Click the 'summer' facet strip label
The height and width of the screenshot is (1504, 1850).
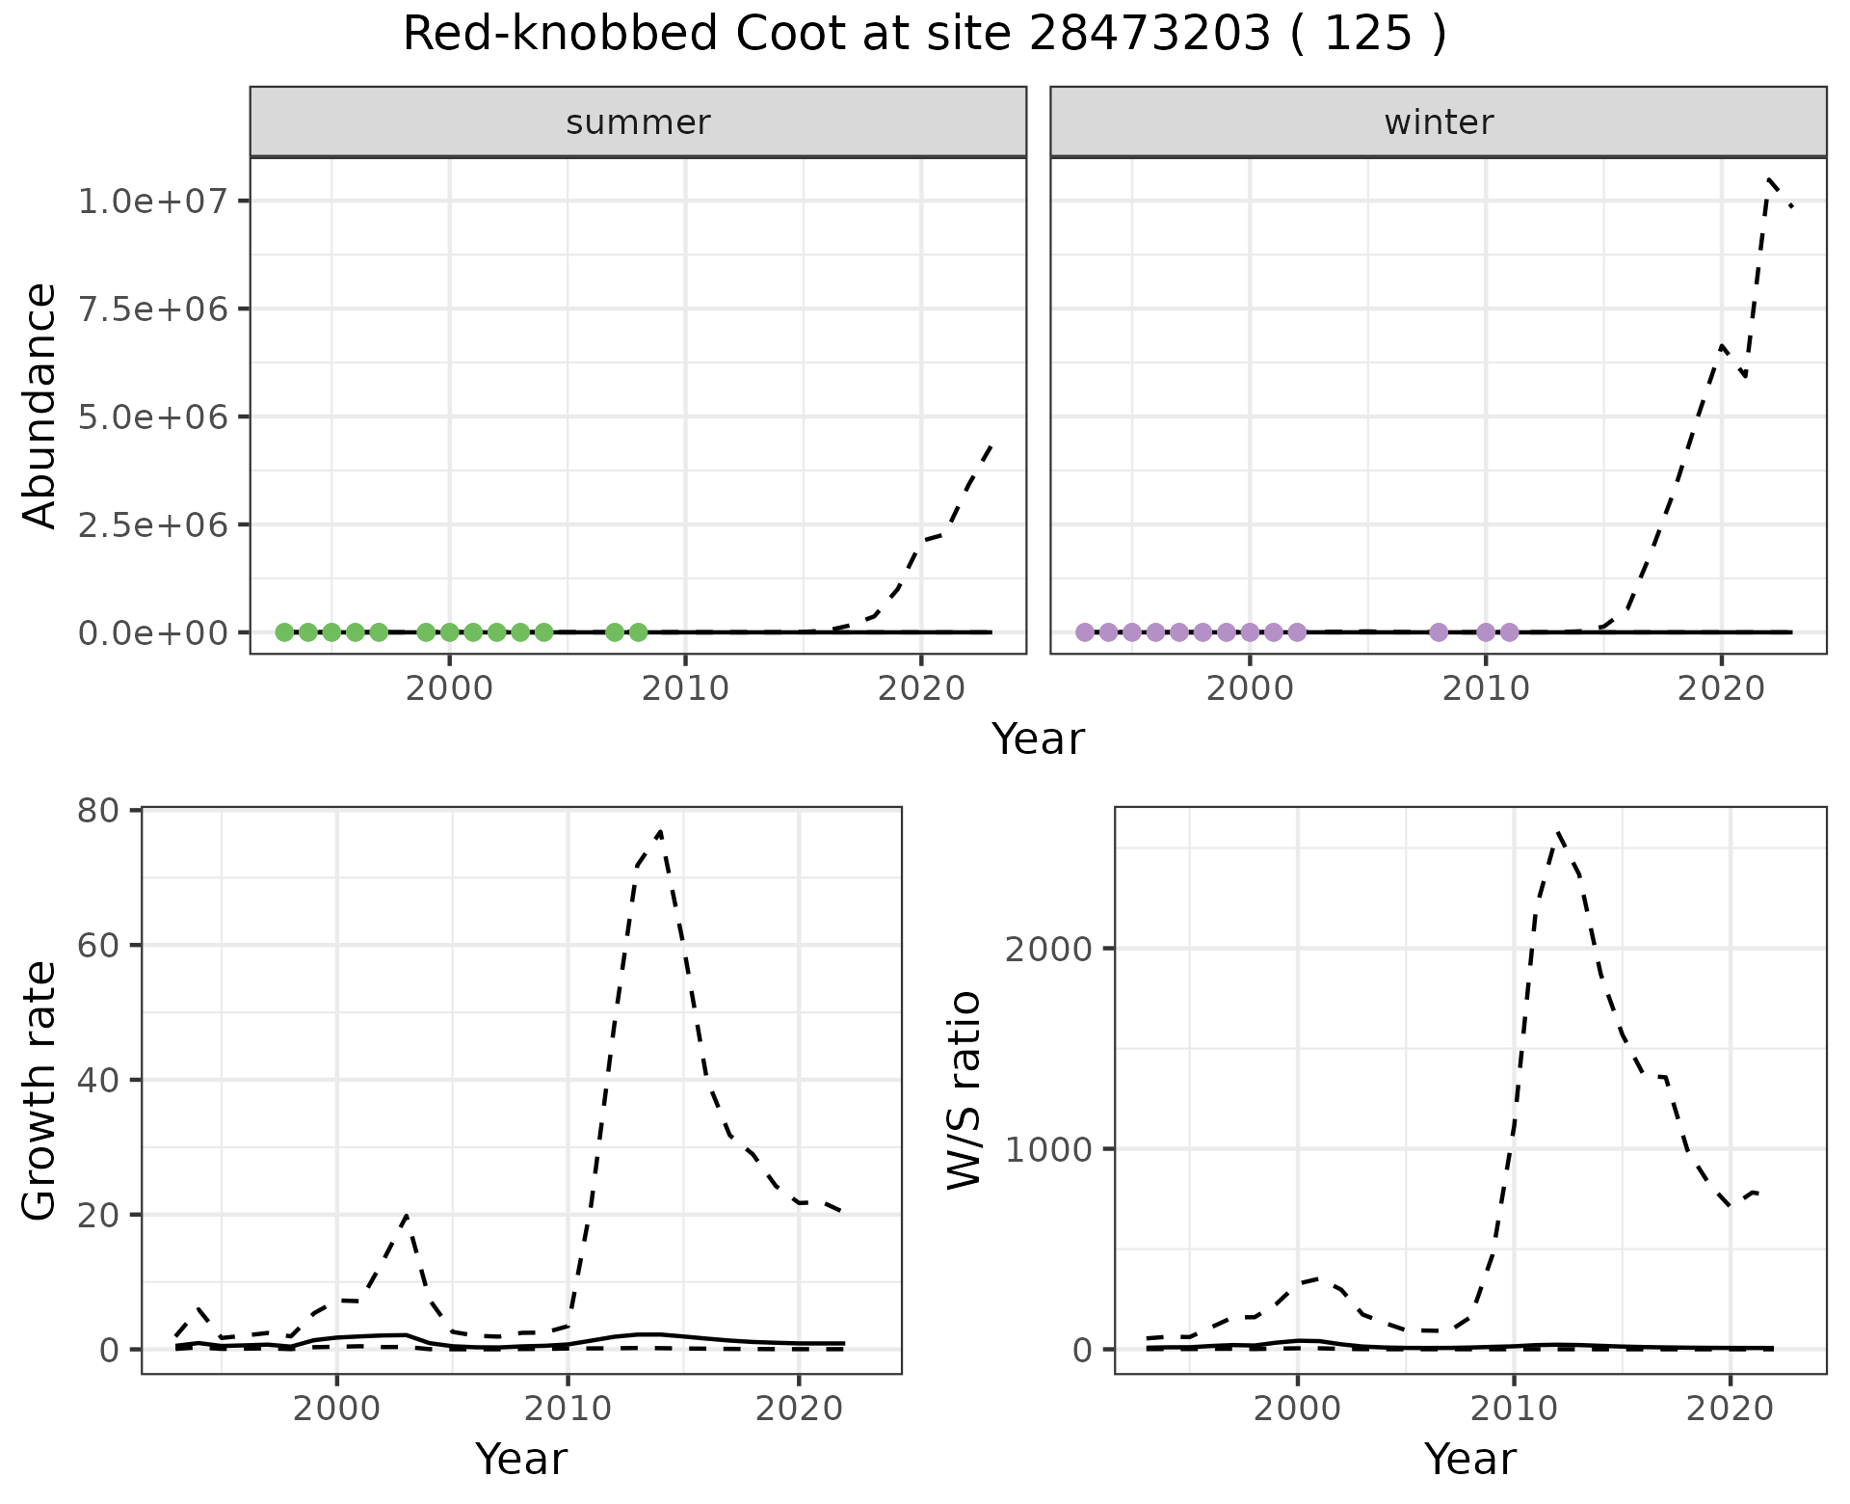pyautogui.click(x=638, y=122)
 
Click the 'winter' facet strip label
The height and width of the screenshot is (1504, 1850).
pyautogui.click(x=1439, y=122)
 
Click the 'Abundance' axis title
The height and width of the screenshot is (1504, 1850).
pyautogui.click(x=40, y=405)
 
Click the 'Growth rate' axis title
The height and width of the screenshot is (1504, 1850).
pyautogui.click(x=40, y=1089)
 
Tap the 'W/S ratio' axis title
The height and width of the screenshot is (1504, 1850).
pyautogui.click(x=965, y=1089)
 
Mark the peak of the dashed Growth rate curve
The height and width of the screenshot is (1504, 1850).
pyautogui.click(x=660, y=831)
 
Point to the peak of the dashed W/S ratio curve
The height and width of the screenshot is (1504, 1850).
pyautogui.click(x=1558, y=832)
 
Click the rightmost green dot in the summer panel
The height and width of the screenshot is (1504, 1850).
pyautogui.click(x=638, y=632)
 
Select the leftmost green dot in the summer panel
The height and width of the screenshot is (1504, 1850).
pyautogui.click(x=284, y=632)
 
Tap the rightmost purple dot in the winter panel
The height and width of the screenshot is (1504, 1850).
pyautogui.click(x=1509, y=632)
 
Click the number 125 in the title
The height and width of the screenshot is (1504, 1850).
pyautogui.click(x=1368, y=35)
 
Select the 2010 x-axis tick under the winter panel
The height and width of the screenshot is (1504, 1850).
pyautogui.click(x=1485, y=689)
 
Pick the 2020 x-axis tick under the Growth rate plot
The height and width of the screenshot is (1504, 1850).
pyautogui.click(x=799, y=1410)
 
